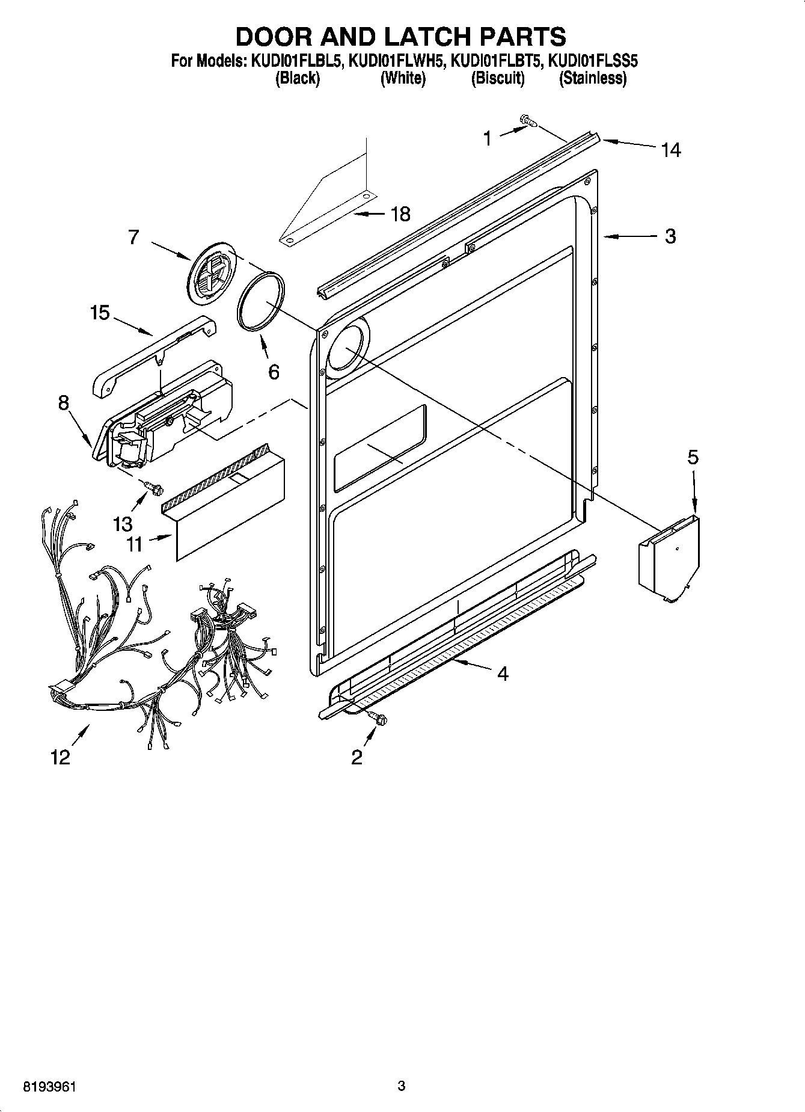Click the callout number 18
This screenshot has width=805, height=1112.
tap(400, 213)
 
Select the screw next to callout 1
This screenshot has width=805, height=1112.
tap(528, 121)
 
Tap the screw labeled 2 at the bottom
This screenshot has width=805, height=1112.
tap(379, 717)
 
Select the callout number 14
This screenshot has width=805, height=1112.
tap(671, 149)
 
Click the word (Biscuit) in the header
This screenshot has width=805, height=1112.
tap(498, 78)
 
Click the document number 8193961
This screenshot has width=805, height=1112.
tap(50, 1086)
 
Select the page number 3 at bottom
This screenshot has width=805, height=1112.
tap(402, 1086)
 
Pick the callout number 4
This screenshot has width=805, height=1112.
tap(503, 674)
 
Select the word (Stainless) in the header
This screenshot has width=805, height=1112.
tap(593, 78)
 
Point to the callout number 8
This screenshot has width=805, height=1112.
tap(64, 402)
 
